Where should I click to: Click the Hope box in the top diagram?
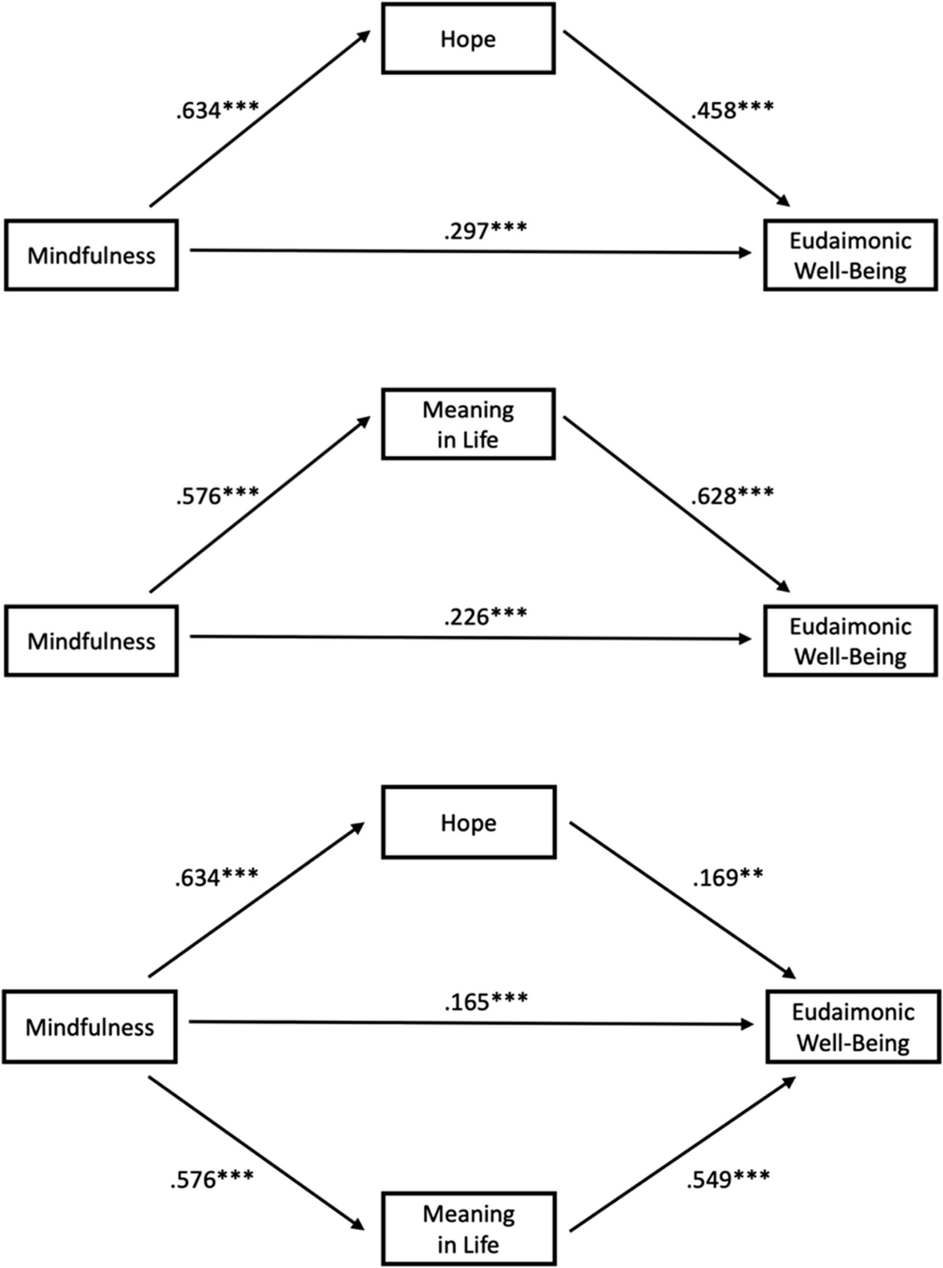click(468, 39)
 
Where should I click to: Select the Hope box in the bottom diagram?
click(468, 822)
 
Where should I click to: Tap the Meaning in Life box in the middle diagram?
click(468, 424)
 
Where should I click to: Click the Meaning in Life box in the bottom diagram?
click(468, 1229)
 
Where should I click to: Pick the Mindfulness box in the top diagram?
click(91, 256)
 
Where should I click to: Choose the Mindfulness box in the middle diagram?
click(91, 641)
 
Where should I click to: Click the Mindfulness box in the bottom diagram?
click(89, 1027)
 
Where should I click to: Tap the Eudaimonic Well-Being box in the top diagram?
click(850, 256)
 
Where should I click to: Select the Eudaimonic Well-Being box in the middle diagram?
click(850, 641)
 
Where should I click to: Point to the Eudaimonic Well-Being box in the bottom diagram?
click(853, 1027)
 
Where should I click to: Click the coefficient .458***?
click(732, 109)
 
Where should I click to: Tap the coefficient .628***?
click(732, 496)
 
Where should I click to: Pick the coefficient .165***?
click(485, 1001)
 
